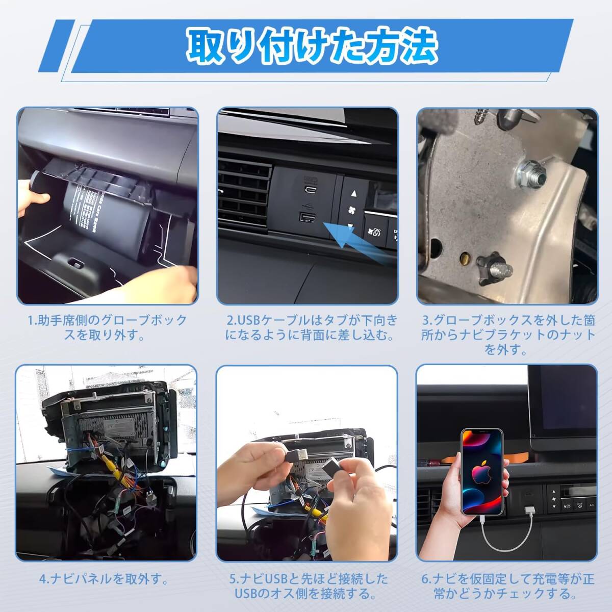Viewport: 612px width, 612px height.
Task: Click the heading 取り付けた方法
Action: tap(312, 47)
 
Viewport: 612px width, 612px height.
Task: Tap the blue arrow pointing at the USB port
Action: tap(356, 240)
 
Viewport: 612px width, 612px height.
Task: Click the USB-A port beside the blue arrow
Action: tap(307, 217)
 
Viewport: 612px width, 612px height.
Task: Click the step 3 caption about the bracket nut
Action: tap(508, 335)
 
